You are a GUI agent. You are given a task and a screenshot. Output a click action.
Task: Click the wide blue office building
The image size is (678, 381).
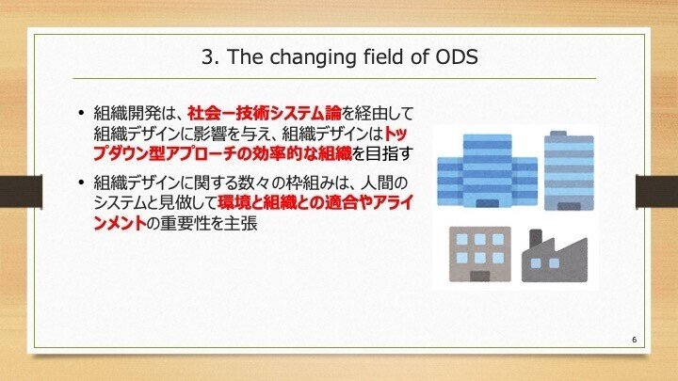(486, 173)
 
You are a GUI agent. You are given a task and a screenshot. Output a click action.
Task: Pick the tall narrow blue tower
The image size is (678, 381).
(570, 171)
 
